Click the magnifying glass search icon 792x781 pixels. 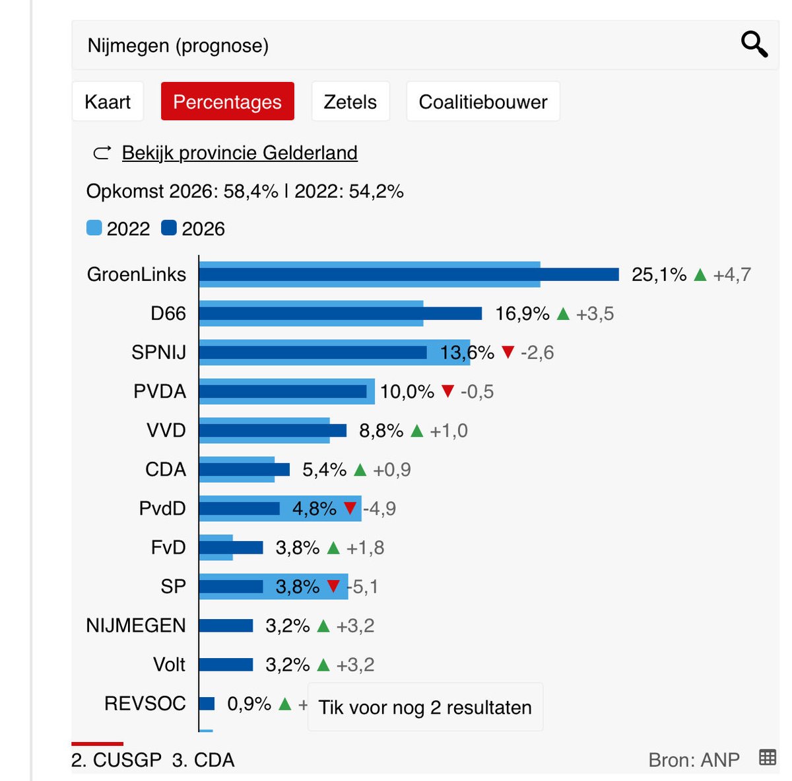(754, 45)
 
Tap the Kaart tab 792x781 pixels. (108, 102)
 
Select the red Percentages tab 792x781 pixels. (227, 102)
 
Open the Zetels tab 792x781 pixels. (350, 102)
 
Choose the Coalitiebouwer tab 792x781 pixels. (482, 102)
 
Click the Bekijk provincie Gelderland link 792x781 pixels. (240, 153)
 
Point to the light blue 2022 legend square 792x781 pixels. (94, 228)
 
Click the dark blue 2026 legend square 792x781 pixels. (169, 228)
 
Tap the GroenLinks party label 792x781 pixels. (137, 274)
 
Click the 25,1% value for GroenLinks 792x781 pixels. (659, 274)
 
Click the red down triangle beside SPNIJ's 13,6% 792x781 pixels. (508, 352)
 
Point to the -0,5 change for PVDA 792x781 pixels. (477, 391)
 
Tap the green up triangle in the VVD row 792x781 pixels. (416, 431)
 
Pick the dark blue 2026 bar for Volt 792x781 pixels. (226, 664)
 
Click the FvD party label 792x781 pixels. (168, 547)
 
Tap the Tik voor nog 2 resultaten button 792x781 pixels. (425, 707)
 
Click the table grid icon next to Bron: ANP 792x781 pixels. (768, 757)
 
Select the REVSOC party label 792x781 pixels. (145, 703)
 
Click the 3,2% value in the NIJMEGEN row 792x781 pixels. (287, 625)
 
